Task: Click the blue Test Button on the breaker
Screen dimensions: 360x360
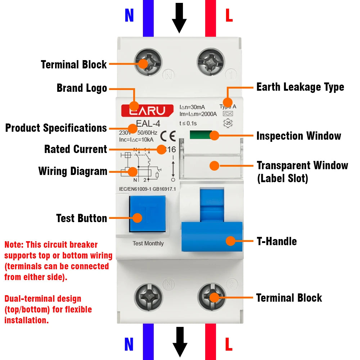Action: pyautogui.click(x=147, y=214)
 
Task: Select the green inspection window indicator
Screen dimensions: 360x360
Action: pyautogui.click(x=201, y=135)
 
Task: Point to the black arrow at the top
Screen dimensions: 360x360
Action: pyautogui.click(x=179, y=18)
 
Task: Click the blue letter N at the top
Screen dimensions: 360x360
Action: pyautogui.click(x=129, y=15)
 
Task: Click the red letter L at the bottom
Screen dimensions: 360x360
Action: pyautogui.click(x=229, y=345)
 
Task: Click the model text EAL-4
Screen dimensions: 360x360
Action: pyautogui.click(x=148, y=123)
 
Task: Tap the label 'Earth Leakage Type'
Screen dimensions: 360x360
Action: pyautogui.click(x=300, y=87)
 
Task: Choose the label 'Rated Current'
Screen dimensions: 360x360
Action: pyautogui.click(x=76, y=149)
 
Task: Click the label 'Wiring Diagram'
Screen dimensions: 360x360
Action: pyautogui.click(x=73, y=171)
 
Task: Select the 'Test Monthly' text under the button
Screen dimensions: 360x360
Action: pyautogui.click(x=148, y=243)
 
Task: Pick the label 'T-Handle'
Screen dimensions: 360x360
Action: pyautogui.click(x=276, y=241)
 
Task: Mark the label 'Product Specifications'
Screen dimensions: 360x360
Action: pyautogui.click(x=56, y=128)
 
